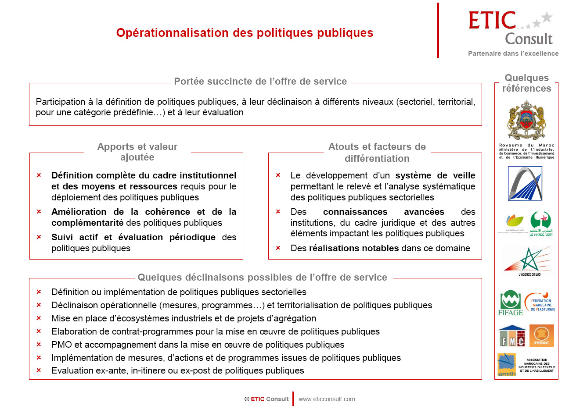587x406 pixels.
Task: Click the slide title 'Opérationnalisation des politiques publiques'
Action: point(245,33)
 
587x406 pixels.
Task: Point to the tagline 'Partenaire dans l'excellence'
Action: point(513,53)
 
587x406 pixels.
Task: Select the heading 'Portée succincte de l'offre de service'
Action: point(260,82)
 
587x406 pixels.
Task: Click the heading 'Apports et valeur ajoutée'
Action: point(137,152)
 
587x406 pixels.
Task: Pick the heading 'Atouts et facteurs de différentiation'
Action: point(377,152)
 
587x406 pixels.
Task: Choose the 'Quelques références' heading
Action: point(526,83)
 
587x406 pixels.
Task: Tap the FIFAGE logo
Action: point(510,303)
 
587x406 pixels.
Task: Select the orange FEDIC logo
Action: point(542,336)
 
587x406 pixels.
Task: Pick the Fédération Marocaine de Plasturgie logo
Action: point(540,302)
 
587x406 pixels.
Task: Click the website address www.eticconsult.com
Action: point(327,399)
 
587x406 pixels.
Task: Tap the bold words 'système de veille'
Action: point(435,175)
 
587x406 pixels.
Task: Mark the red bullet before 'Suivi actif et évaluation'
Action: point(39,237)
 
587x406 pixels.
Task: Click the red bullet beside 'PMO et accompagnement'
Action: point(39,345)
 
